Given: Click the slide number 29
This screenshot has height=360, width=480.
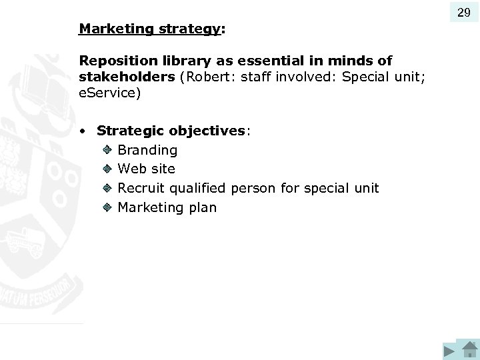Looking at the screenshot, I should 464,12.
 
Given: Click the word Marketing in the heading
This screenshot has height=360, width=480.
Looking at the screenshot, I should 106,29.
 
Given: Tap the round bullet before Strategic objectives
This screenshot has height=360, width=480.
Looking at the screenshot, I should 81,131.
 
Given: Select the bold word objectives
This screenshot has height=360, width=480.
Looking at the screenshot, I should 207,131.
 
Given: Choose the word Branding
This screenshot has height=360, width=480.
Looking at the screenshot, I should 147,151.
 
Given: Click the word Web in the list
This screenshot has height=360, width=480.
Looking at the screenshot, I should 132,169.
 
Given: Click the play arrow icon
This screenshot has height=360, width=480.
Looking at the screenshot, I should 449,351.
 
